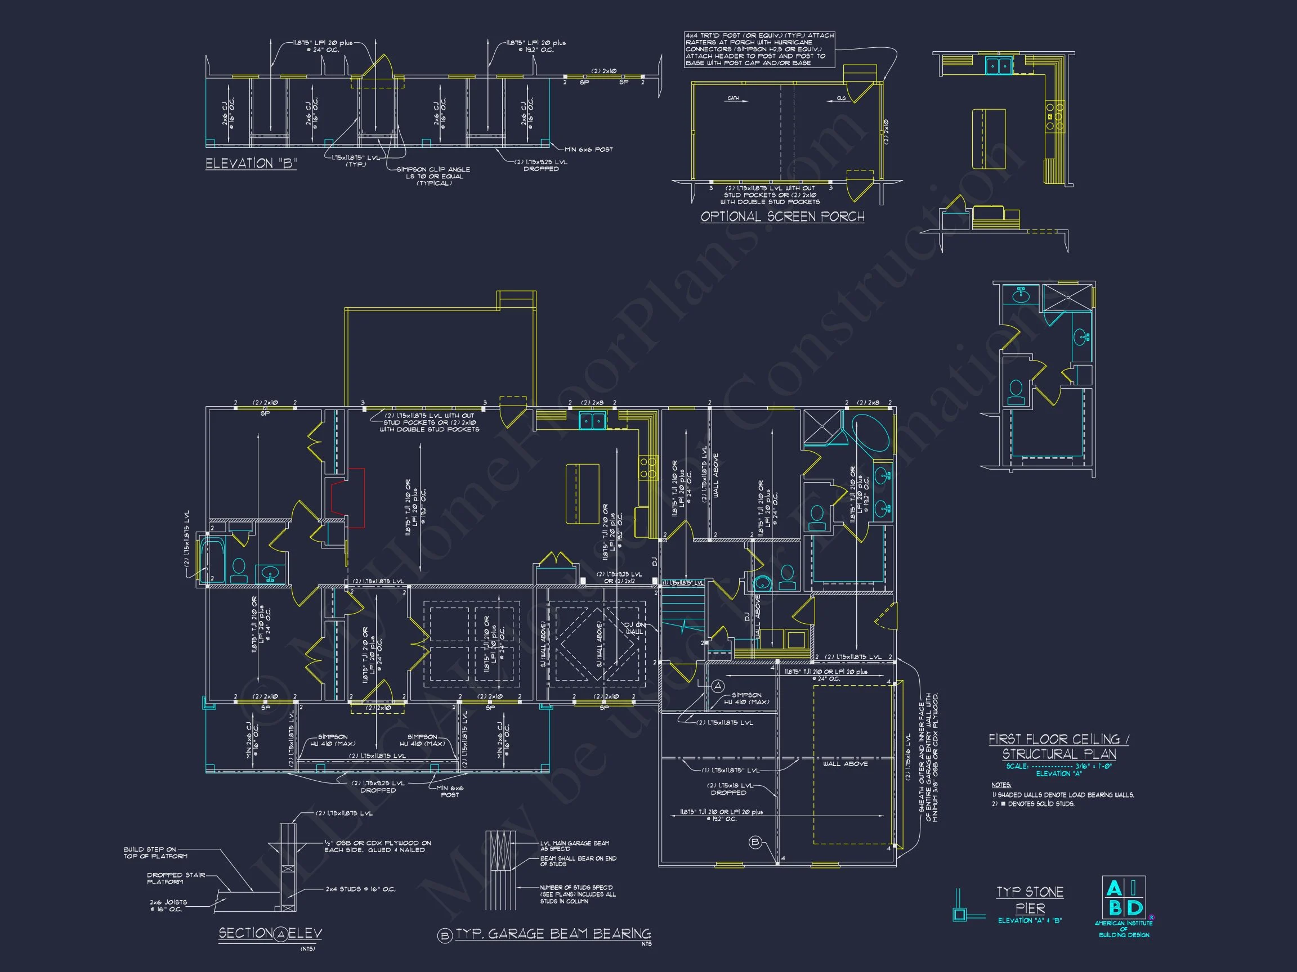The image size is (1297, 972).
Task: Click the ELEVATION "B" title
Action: coord(251,164)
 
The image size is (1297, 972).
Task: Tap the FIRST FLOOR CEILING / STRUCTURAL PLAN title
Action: coord(1058,746)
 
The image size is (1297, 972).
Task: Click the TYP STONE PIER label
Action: coord(1030,901)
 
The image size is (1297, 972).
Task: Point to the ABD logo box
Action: coord(1124,898)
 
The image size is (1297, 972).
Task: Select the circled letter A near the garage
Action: coord(718,686)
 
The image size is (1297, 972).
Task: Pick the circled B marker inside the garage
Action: coord(755,843)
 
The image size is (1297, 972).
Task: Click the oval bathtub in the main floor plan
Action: coord(871,433)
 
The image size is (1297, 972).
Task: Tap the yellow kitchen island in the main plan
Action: coord(582,494)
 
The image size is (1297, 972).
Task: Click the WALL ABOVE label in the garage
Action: coord(845,764)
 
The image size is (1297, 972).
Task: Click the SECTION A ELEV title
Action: coord(270,933)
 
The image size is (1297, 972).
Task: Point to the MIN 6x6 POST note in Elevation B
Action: coord(588,150)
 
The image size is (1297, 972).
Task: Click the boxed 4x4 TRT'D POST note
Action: coord(759,50)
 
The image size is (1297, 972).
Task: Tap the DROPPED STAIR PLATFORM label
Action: coord(176,878)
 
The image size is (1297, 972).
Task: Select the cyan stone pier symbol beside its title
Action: coord(960,913)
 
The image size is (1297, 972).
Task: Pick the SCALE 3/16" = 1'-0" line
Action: coord(1058,766)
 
